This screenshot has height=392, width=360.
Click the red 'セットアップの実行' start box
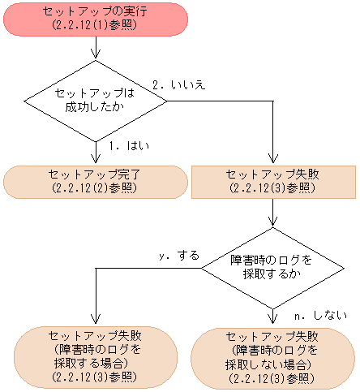(x=97, y=19)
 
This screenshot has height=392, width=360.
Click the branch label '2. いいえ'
(x=178, y=84)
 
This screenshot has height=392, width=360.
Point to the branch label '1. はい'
(x=124, y=146)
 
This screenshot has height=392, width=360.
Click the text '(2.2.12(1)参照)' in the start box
(x=97, y=25)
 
